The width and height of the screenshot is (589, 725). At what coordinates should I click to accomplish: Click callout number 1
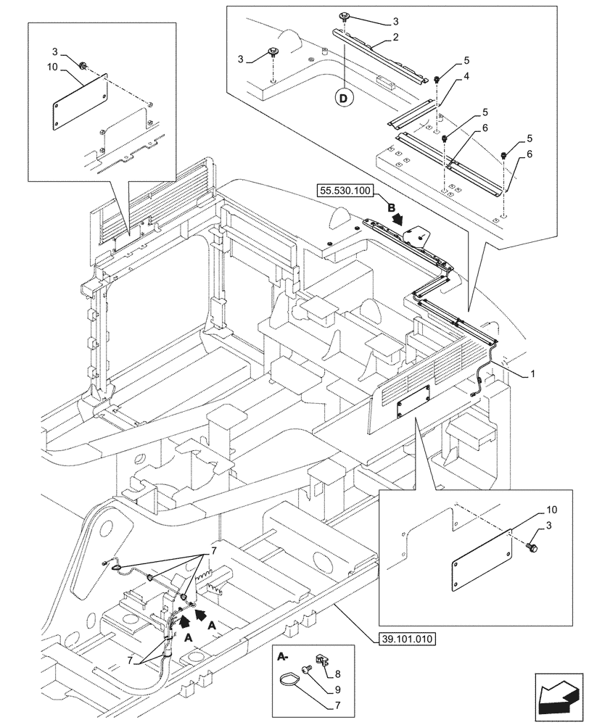pos(532,374)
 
